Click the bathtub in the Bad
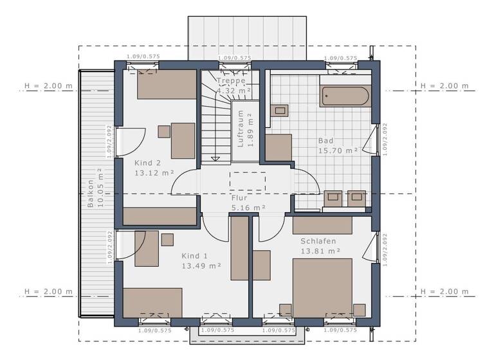point(345,96)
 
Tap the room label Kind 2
point(147,163)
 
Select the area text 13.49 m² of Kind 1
point(201,265)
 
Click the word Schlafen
point(318,241)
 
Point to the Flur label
point(240,199)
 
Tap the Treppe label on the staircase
point(231,81)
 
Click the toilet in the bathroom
point(280,110)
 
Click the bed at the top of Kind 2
point(167,84)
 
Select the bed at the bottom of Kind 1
point(152,303)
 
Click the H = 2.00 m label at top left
point(48,85)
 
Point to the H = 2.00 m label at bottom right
point(444,291)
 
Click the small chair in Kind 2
point(164,131)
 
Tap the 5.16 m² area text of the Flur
point(249,208)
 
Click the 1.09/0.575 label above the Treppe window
point(234,59)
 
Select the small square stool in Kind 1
point(167,239)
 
